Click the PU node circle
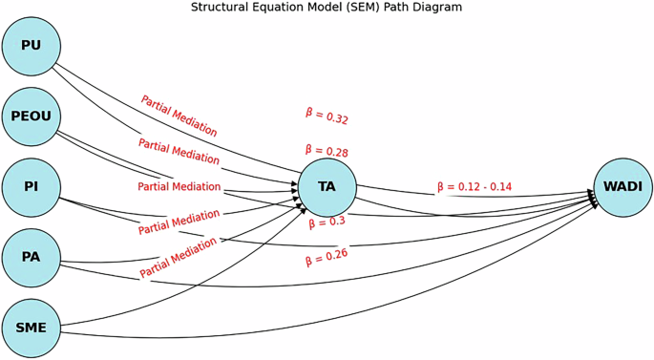32,46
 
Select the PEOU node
32,116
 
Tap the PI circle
32,187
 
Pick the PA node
32,258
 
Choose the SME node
32,328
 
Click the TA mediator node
327,187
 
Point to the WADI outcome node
622,187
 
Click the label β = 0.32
327,116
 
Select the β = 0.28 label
327,151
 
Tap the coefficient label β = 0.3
327,222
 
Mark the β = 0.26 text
327,257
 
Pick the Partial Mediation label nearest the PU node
179,116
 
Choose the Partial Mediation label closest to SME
179,259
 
